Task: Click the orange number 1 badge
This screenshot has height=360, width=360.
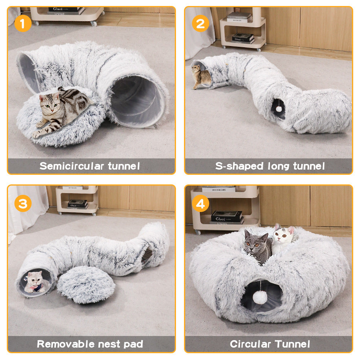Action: point(22,24)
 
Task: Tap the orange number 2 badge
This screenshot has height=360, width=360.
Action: point(200,24)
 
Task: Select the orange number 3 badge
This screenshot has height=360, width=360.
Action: point(22,204)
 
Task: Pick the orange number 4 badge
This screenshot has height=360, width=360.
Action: point(200,204)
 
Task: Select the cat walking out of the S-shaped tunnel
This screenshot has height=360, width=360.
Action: point(201,76)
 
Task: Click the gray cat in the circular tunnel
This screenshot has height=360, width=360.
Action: point(257,246)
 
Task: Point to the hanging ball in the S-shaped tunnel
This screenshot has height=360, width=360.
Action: point(278,108)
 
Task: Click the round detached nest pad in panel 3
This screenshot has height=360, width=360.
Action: point(86,284)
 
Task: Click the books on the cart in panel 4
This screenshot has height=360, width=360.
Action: point(226,216)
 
